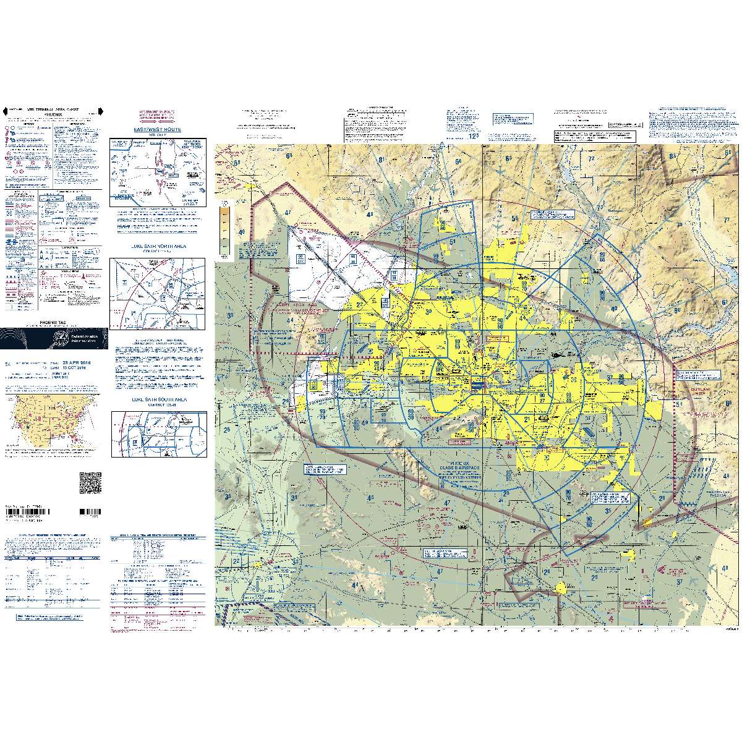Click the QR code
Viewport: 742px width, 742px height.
click(x=90, y=482)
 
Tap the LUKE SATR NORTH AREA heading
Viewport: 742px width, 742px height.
click(x=158, y=245)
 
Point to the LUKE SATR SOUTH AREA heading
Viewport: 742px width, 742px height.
click(x=158, y=400)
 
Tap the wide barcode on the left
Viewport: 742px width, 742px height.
click(x=35, y=513)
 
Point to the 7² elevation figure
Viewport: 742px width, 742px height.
click(x=592, y=159)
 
